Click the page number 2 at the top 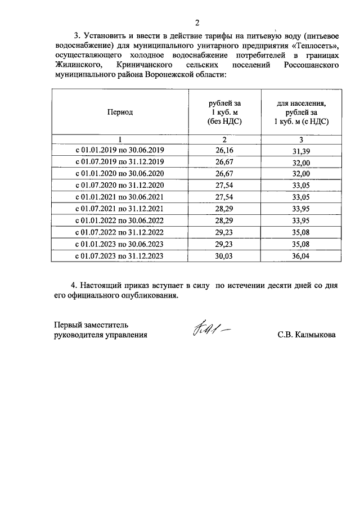197,22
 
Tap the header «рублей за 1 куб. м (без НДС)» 224,112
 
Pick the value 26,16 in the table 224,150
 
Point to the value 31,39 301,150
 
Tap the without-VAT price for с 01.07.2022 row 224,232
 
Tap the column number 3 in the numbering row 301,139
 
